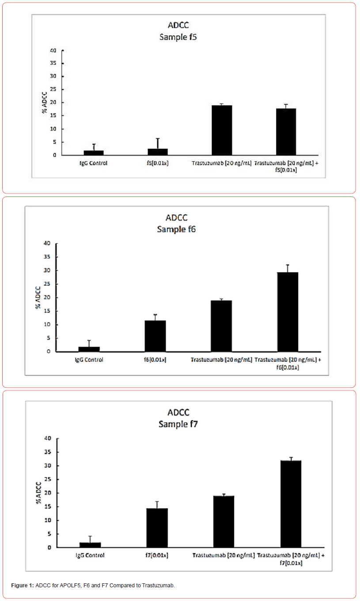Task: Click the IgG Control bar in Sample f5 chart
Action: pyautogui.click(x=94, y=153)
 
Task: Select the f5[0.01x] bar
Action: pyautogui.click(x=157, y=152)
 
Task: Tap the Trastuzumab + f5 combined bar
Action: pyautogui.click(x=286, y=132)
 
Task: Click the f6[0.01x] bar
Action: pyautogui.click(x=155, y=336)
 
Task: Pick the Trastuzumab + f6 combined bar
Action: pyautogui.click(x=288, y=312)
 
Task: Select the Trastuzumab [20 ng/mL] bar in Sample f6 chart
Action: pyautogui.click(x=221, y=326)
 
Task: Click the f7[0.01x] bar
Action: pyautogui.click(x=157, y=528)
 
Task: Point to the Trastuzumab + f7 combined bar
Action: pyautogui.click(x=291, y=504)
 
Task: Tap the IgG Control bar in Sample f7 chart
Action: pyautogui.click(x=90, y=545)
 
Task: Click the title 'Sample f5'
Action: pyautogui.click(x=178, y=37)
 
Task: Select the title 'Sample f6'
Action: pyautogui.click(x=176, y=229)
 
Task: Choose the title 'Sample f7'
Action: pyautogui.click(x=178, y=424)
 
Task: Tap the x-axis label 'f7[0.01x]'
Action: pyautogui.click(x=157, y=555)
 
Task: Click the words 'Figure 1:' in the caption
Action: pyautogui.click(x=22, y=586)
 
